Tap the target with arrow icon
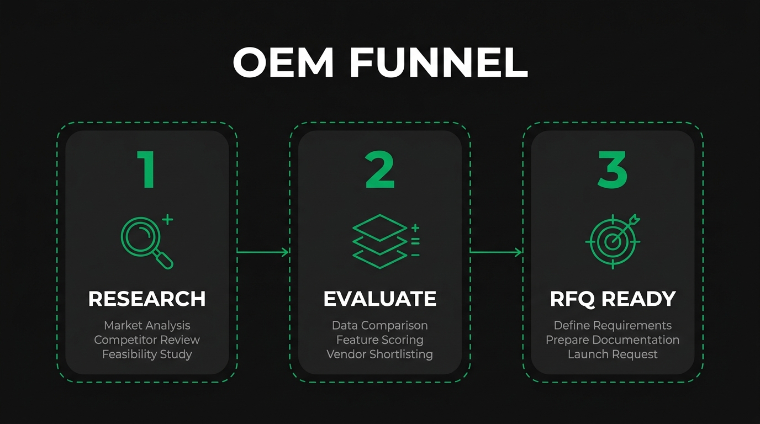coord(613,241)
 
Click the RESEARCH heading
coord(147,299)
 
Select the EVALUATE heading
coord(380,299)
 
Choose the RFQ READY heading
coord(613,299)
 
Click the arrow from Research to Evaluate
coord(263,252)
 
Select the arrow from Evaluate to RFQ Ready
coord(496,252)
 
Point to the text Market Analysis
coord(147,326)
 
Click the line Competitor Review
coord(147,340)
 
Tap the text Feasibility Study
coord(147,354)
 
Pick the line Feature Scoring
coord(380,340)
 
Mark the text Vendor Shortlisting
coord(380,354)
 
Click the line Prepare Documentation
coord(613,340)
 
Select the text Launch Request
coord(613,354)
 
